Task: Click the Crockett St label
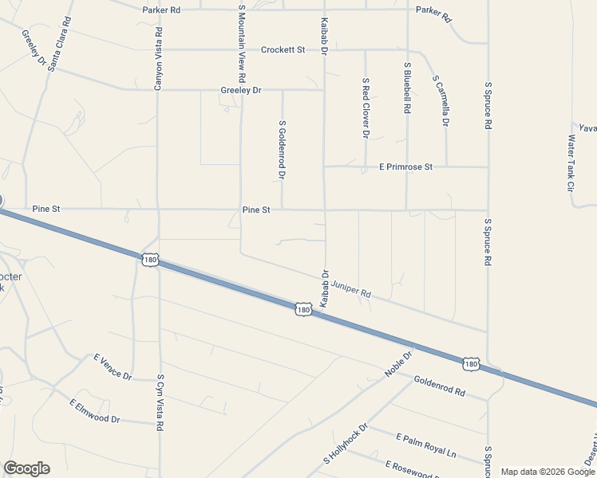(283, 49)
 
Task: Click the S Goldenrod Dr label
(282, 149)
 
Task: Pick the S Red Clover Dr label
(365, 108)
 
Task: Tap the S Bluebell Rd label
(407, 90)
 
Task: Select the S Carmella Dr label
(441, 101)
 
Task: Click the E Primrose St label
(405, 167)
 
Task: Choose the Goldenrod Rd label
(439, 386)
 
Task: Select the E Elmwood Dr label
(94, 411)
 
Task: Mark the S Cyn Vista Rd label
(160, 403)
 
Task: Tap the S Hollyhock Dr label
(345, 445)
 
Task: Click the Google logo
(26, 468)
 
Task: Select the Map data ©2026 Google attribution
(548, 472)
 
